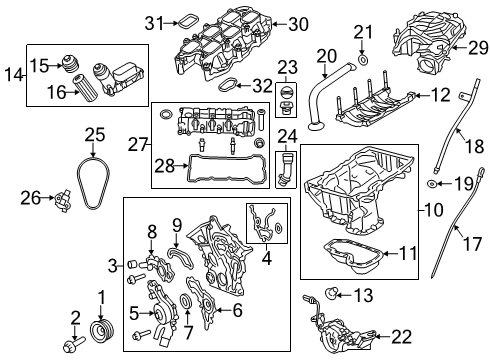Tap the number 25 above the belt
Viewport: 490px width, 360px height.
coord(94,134)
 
